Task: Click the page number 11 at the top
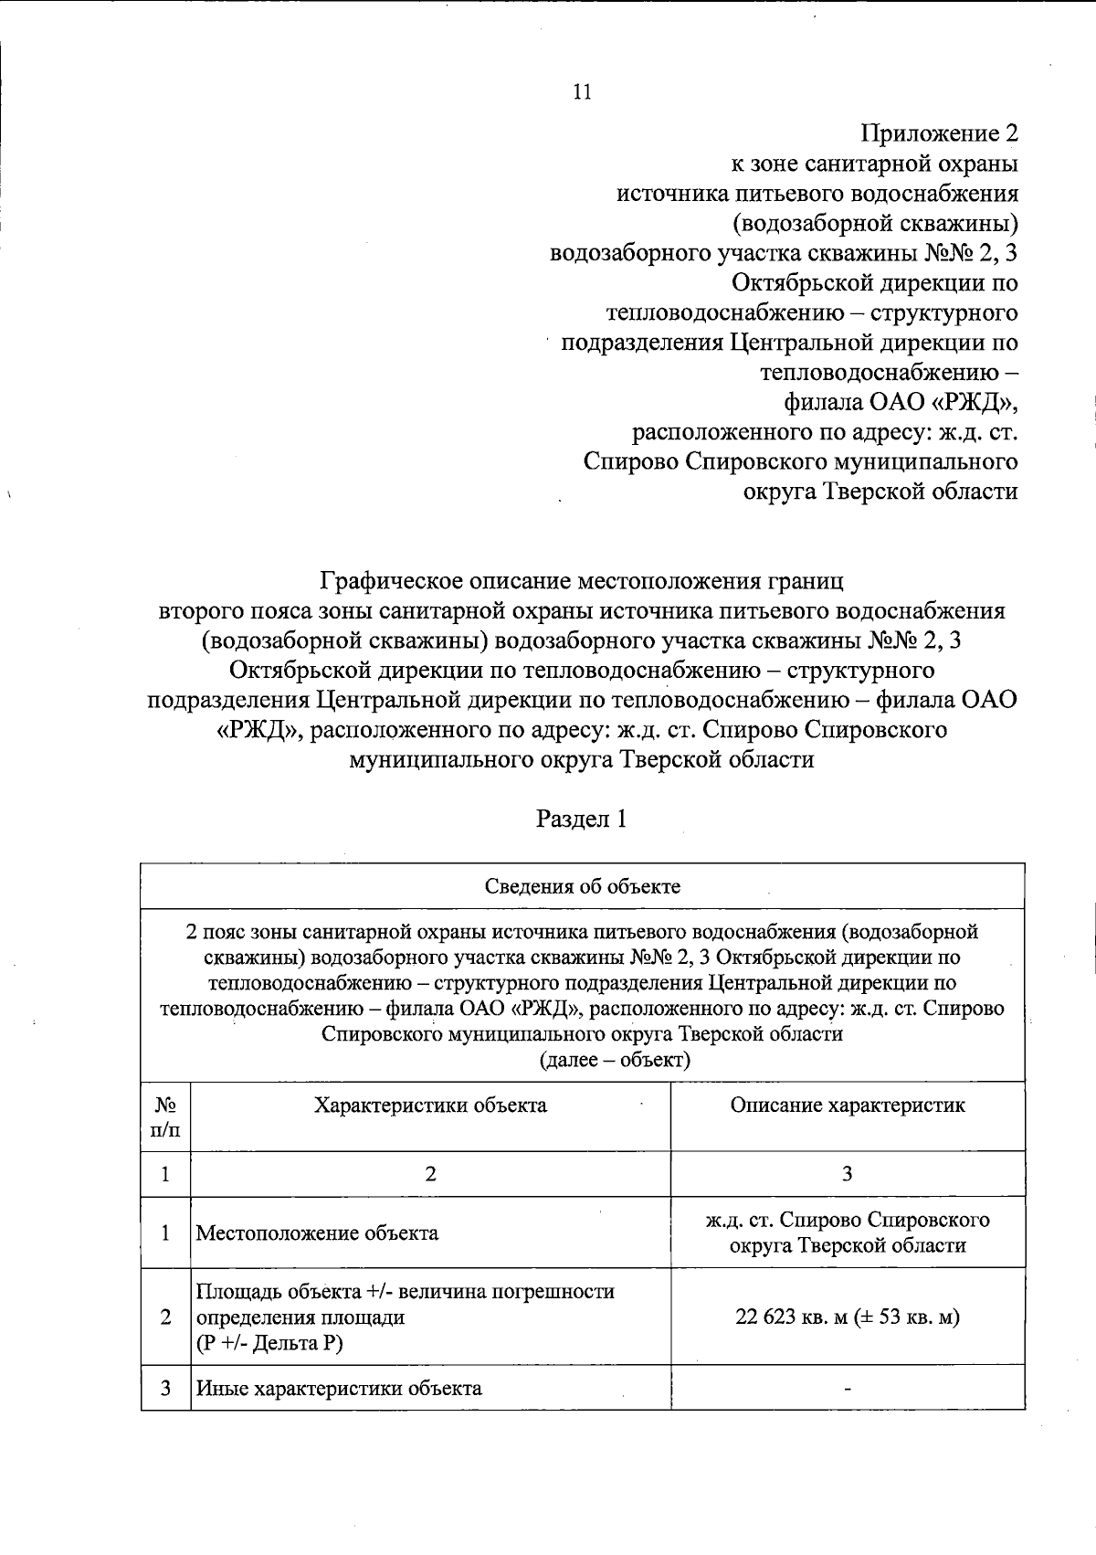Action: click(x=582, y=91)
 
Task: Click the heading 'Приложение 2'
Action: click(x=939, y=134)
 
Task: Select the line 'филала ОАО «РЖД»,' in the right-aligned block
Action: click(x=901, y=402)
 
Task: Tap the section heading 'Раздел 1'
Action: click(x=581, y=819)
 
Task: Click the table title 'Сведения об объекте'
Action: click(x=582, y=886)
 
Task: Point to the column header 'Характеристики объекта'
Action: click(x=430, y=1105)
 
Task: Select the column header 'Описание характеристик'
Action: click(x=847, y=1105)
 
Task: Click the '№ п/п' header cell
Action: click(x=165, y=1117)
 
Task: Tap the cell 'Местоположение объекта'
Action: click(x=317, y=1233)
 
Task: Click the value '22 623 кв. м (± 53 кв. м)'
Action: click(x=847, y=1317)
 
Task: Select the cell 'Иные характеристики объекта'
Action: click(x=339, y=1389)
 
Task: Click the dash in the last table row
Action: click(x=848, y=1390)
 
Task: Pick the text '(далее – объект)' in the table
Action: click(x=615, y=1061)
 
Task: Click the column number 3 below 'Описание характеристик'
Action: click(x=847, y=1174)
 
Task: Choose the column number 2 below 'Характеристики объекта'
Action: click(x=430, y=1174)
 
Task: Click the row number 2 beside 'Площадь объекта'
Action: click(x=165, y=1317)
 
